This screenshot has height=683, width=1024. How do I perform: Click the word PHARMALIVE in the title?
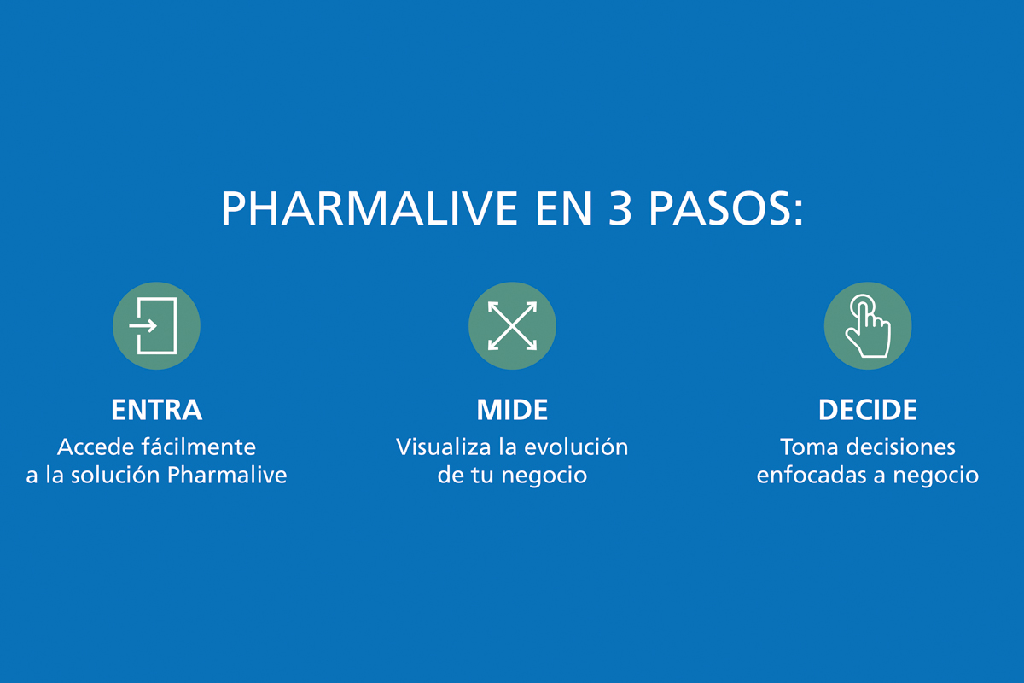pos(369,208)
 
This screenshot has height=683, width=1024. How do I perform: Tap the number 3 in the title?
pos(620,208)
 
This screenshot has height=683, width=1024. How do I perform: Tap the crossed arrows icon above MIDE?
pos(512,326)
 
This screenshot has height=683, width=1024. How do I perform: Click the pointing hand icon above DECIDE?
pos(868,326)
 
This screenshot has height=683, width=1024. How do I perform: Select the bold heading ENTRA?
pos(156,410)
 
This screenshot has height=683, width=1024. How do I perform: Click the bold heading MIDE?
pos(512,410)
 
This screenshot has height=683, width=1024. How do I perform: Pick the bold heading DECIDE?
pos(868,410)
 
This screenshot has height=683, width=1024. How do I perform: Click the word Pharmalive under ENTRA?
pos(227,475)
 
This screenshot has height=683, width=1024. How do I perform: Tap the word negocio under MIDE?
pos(544,476)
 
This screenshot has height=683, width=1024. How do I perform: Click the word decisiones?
pos(900,447)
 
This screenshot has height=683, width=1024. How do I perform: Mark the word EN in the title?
pos(564,208)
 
